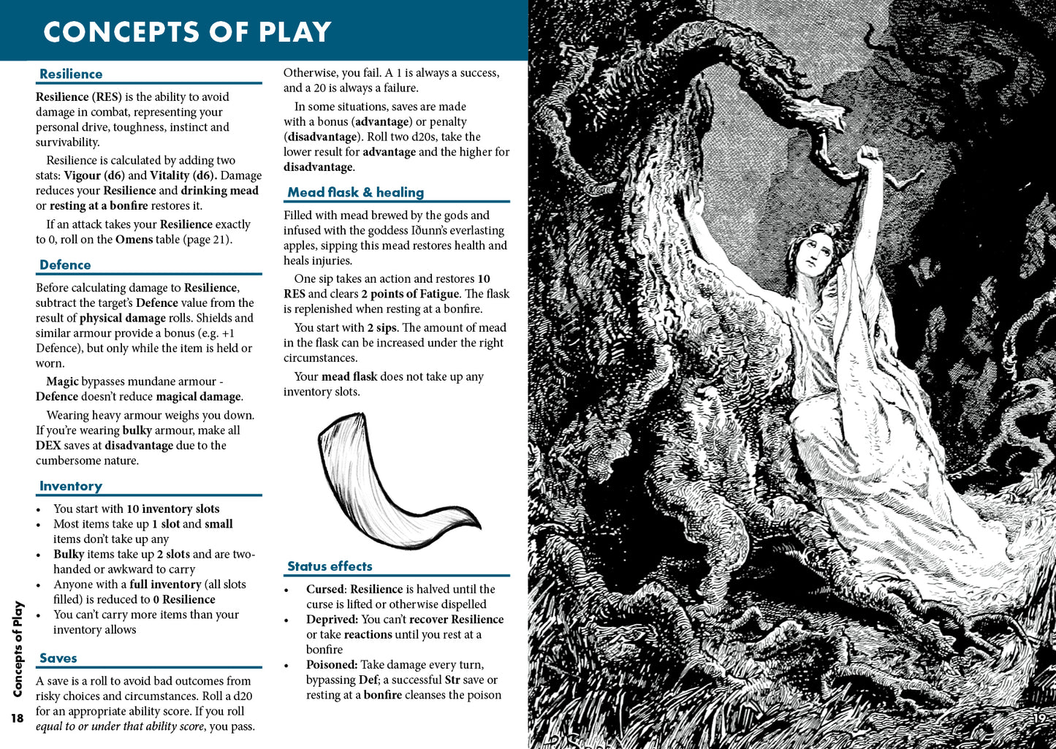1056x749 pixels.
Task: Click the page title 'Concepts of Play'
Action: coord(187,32)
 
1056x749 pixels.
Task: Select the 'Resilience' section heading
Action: coord(71,74)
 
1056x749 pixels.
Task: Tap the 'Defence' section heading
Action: coord(65,265)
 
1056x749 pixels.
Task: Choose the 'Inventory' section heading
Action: coord(71,486)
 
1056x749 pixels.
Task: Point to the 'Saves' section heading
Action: coord(58,658)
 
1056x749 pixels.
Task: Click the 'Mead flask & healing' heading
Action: coord(355,192)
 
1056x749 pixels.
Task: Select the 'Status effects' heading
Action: coord(330,566)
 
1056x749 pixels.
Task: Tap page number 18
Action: coord(17,718)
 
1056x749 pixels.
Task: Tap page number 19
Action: coord(1038,718)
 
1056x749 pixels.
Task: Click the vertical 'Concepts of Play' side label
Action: coord(18,649)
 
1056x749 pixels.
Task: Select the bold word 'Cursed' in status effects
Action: coord(324,589)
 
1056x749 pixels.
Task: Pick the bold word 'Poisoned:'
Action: coord(332,665)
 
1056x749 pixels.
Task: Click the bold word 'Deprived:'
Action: coord(332,620)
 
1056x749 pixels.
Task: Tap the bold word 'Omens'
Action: coord(134,240)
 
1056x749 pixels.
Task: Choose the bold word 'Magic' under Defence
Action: coord(62,381)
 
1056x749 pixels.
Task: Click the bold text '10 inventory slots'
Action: coord(172,509)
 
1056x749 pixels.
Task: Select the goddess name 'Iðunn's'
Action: coord(429,231)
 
